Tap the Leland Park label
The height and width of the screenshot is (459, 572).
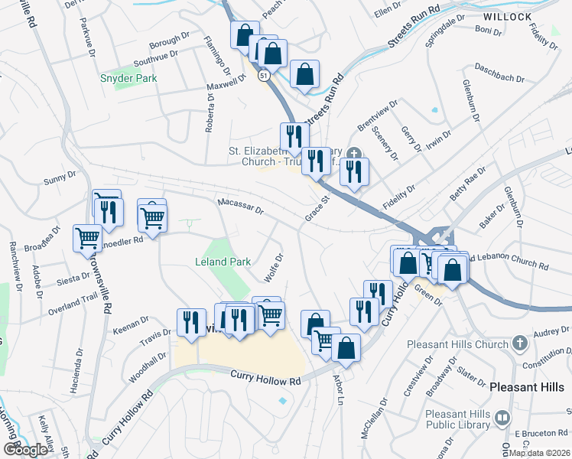point(223,262)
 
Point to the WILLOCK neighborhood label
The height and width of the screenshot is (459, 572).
point(508,16)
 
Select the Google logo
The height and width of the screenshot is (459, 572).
point(25,450)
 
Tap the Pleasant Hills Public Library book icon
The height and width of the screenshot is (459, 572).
point(502,418)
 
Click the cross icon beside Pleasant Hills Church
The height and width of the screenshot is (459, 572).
point(519,342)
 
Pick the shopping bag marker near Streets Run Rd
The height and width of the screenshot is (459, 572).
point(304,76)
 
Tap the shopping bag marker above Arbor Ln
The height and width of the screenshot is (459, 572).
point(346,348)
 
